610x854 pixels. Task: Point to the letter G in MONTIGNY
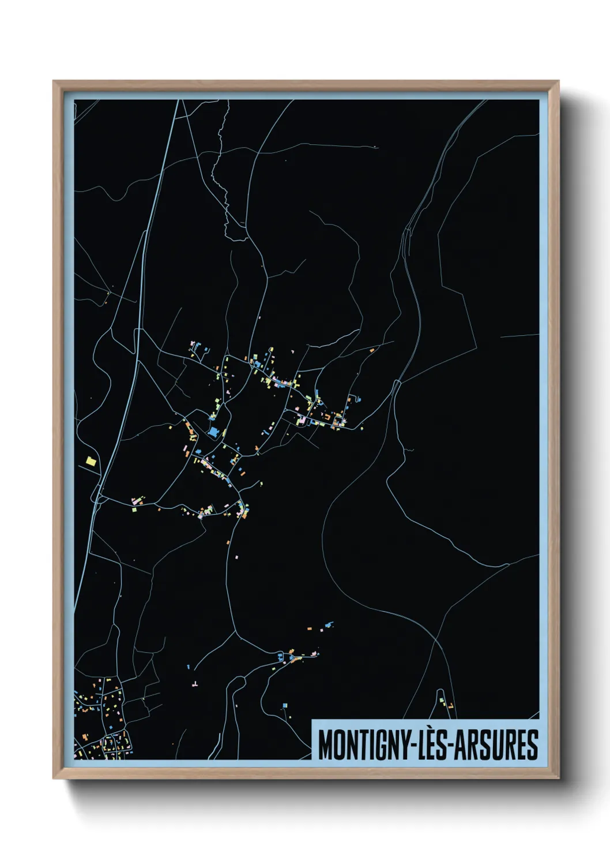(x=377, y=745)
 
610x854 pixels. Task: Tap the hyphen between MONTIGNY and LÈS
(x=411, y=746)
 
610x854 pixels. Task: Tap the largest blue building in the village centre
(x=214, y=432)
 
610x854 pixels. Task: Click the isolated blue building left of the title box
(x=285, y=705)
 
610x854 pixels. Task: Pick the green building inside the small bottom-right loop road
(x=442, y=700)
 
